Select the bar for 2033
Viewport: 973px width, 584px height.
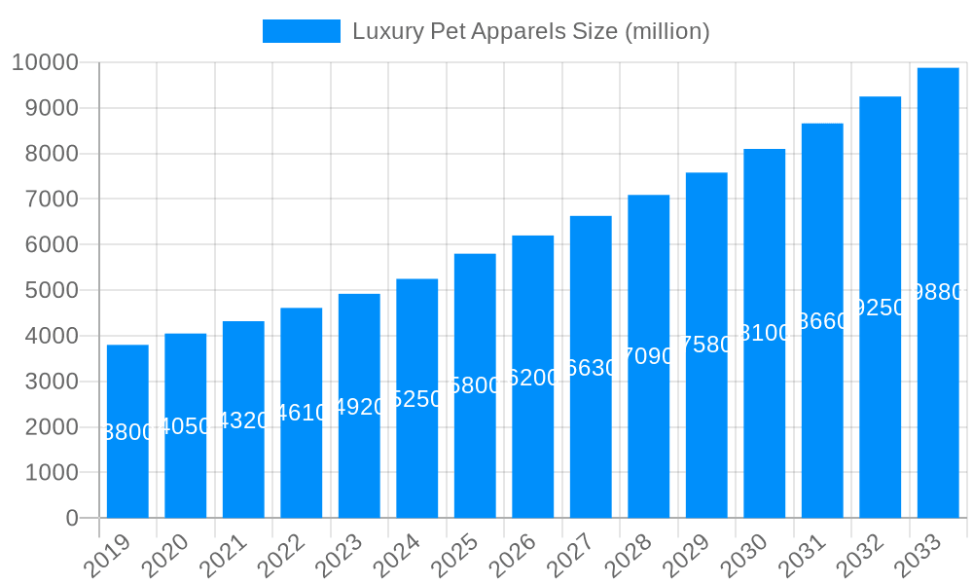[x=938, y=389]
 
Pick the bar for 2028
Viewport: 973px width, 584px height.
[x=649, y=438]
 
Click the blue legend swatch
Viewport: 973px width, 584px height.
[x=302, y=31]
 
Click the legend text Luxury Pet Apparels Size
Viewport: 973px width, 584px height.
[x=531, y=31]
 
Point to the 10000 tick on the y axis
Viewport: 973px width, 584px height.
[x=45, y=63]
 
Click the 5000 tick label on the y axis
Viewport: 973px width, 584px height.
[x=45, y=291]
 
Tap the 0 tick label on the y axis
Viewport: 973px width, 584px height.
[x=72, y=519]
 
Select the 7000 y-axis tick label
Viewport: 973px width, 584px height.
[x=45, y=200]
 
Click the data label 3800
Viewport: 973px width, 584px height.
[x=127, y=432]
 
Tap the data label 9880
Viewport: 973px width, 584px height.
[x=939, y=292]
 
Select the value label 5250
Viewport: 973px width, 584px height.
[x=417, y=399]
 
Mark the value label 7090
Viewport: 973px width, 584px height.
[x=649, y=356]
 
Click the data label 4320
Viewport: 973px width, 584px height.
[x=243, y=420]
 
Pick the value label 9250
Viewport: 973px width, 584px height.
[x=881, y=308]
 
